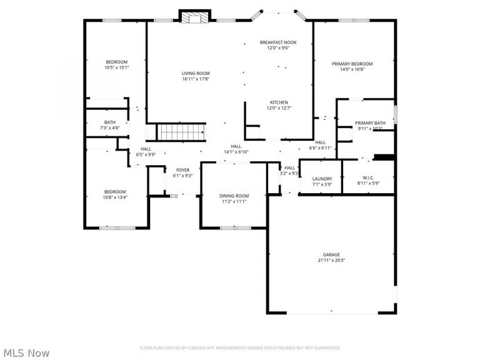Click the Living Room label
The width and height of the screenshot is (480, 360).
pyautogui.click(x=196, y=73)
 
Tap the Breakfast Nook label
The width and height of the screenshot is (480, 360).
pyautogui.click(x=278, y=42)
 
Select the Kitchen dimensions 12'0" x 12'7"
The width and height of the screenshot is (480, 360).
pyautogui.click(x=279, y=108)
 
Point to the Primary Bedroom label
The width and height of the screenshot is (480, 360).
pyautogui.click(x=352, y=64)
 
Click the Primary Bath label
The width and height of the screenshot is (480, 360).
pyautogui.click(x=370, y=122)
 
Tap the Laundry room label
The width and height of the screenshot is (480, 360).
pyautogui.click(x=322, y=179)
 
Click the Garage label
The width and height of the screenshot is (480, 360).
pyautogui.click(x=331, y=254)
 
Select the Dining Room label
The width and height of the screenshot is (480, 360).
pyautogui.click(x=234, y=196)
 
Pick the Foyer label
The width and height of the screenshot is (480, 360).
pyautogui.click(x=182, y=170)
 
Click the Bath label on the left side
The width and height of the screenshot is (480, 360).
pyautogui.click(x=110, y=122)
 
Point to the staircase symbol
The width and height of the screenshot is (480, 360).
pyautogui.click(x=181, y=132)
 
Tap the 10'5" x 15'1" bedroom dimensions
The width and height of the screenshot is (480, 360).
pyautogui.click(x=116, y=67)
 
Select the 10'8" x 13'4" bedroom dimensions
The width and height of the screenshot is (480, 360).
pyautogui.click(x=115, y=197)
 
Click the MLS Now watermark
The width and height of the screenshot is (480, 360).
pyautogui.click(x=25, y=353)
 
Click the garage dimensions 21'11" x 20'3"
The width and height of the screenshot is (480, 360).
pyautogui.click(x=331, y=261)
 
